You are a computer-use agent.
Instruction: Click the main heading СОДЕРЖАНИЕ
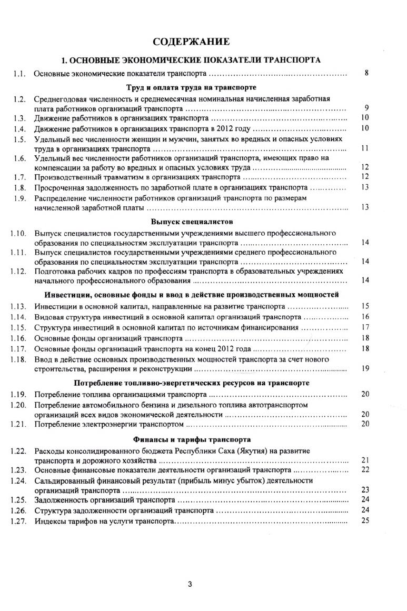point(191,42)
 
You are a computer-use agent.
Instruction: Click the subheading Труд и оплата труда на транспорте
point(192,87)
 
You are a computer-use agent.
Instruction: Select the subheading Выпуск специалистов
point(192,222)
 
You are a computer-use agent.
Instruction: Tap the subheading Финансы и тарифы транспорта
point(192,439)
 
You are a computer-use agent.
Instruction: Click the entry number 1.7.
point(21,177)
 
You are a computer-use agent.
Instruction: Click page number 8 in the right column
point(366,74)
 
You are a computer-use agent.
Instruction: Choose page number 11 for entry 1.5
point(365,149)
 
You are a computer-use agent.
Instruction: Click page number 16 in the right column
point(365,317)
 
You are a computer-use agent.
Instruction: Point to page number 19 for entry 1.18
point(365,368)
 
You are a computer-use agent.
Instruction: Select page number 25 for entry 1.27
point(365,521)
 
